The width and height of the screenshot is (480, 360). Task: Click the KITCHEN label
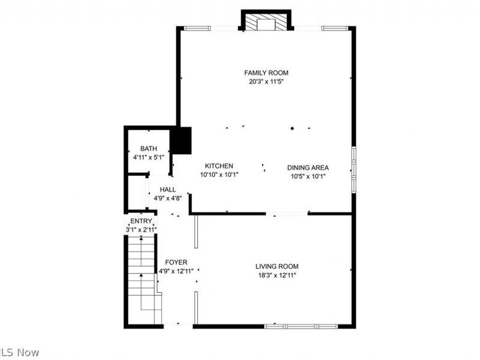coord(219,166)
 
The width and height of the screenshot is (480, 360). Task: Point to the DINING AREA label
coord(308,167)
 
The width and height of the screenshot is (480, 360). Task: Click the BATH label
coord(148,149)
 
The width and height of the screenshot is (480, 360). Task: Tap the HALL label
coord(168,189)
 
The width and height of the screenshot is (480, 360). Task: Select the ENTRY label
coord(142,221)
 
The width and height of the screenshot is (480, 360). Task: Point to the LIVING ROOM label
coord(277,266)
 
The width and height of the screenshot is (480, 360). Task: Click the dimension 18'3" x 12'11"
coord(277,275)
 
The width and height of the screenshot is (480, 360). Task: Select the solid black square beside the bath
coord(181,140)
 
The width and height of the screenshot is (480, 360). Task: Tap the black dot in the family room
coord(293,128)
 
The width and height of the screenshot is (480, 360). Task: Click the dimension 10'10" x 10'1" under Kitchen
coord(219,175)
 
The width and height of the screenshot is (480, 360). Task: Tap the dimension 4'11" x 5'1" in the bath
coord(148,158)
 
